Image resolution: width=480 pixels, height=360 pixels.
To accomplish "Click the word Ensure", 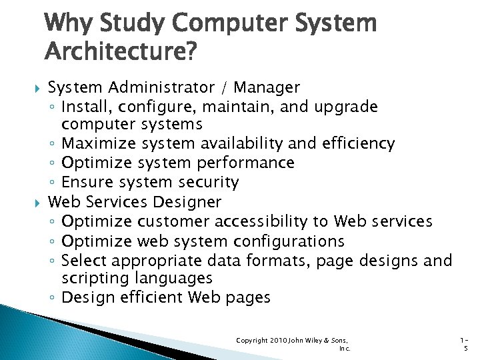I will click(x=87, y=182).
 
